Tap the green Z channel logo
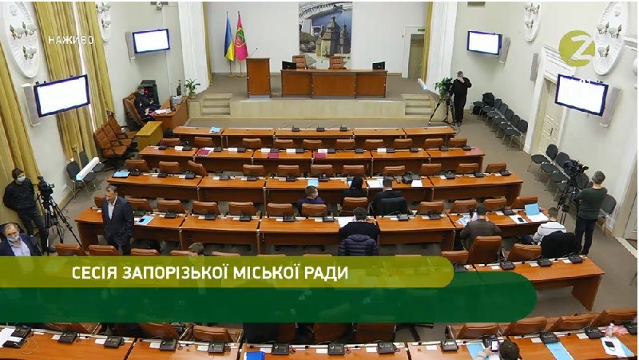pos(576,49)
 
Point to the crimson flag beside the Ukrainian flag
pos(240,39)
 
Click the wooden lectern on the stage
pos(258,77)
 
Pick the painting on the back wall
pos(325,34)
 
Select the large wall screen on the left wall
pos(62,95)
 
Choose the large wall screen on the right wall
pos(581,94)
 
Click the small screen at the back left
pos(151,41)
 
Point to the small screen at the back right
pos(484,42)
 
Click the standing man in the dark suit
pos(118,219)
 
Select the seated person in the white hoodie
pos(550,225)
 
